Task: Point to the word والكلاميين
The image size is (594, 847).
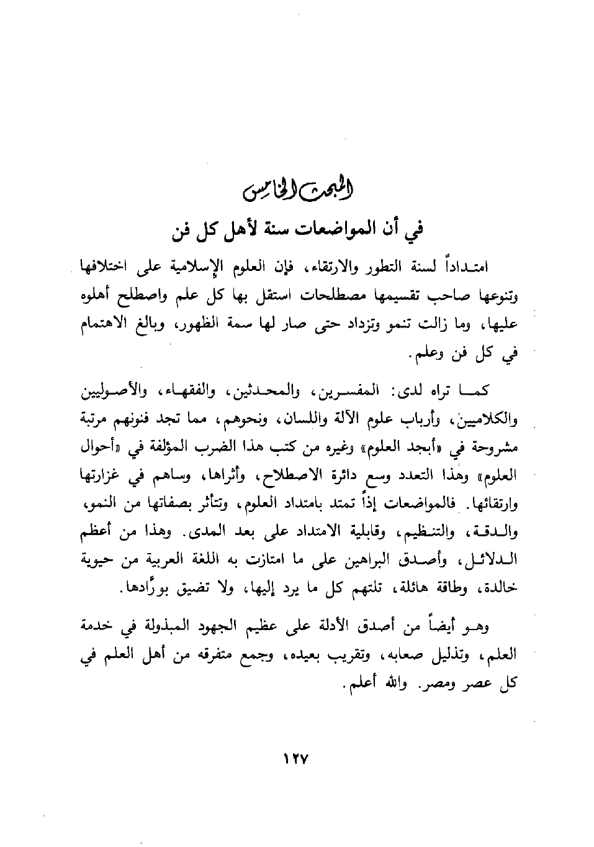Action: tap(487, 419)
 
